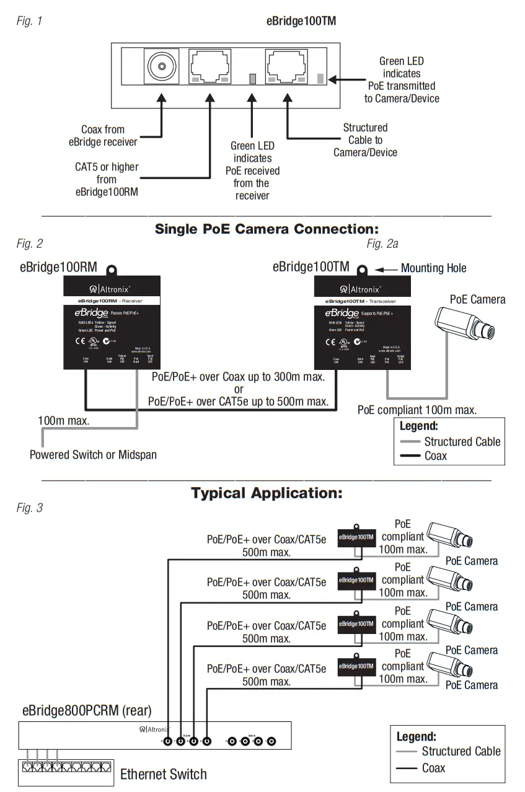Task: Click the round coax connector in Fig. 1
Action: (161, 66)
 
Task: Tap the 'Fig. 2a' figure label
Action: (382, 244)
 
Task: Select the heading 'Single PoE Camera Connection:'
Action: (267, 229)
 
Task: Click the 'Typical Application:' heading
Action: (267, 493)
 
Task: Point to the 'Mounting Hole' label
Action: (433, 268)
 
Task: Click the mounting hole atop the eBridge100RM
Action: (112, 271)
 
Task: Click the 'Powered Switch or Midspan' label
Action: (93, 454)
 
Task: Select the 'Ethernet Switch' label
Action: (163, 773)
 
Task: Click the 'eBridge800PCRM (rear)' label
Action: (87, 710)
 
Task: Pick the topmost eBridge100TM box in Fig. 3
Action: (356, 537)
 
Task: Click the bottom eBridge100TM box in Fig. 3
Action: (356, 667)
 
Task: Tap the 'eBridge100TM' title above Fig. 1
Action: (301, 20)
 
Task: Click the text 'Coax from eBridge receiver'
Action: (103, 136)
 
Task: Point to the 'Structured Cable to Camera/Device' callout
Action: (365, 140)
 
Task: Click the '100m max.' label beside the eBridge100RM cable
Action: (63, 421)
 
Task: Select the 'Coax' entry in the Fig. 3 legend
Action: (433, 768)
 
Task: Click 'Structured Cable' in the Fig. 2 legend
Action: (462, 442)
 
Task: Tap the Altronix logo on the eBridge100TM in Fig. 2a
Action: (361, 289)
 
